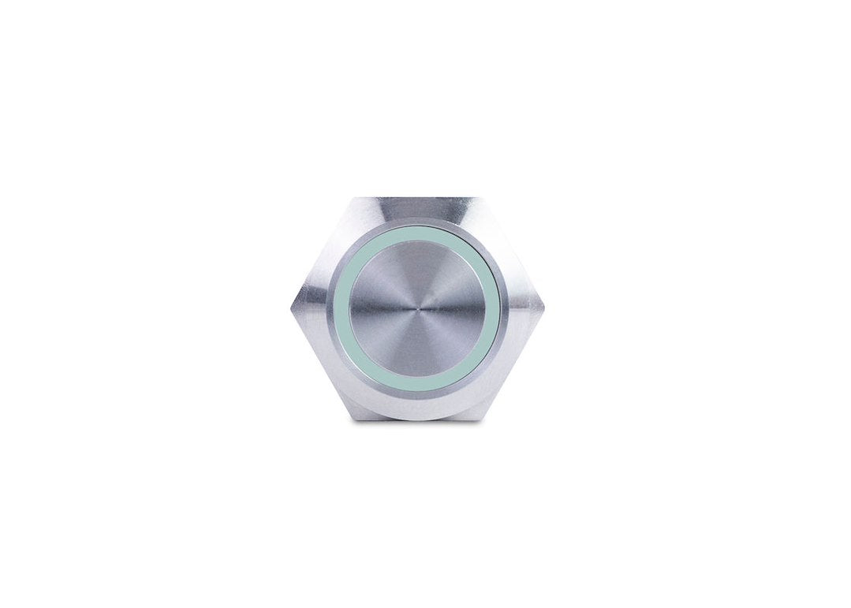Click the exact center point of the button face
[x=416, y=308]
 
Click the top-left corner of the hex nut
[x=353, y=198]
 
